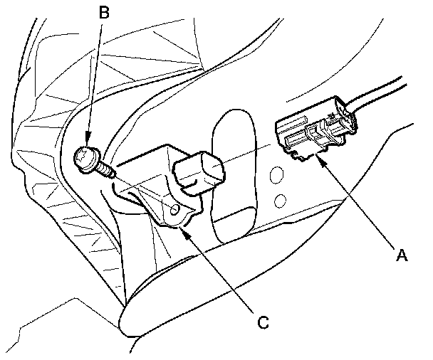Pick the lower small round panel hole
(281, 200)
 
